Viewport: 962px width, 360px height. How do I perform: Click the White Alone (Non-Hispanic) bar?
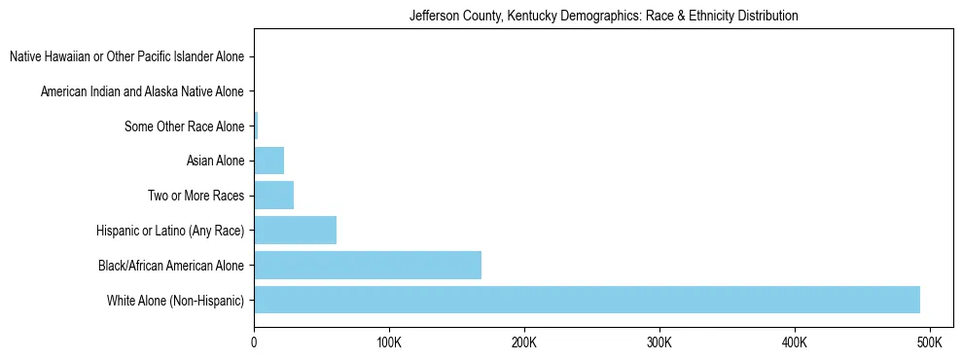(587, 300)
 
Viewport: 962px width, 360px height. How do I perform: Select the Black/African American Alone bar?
(368, 265)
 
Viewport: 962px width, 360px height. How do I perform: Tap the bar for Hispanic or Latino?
(295, 231)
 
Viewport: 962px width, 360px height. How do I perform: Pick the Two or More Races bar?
(273, 196)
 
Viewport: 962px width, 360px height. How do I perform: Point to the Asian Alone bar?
(268, 161)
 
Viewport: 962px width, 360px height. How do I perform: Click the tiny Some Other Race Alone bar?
(256, 126)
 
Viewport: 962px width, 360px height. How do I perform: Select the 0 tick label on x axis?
(254, 343)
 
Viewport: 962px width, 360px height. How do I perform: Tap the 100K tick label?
(388, 343)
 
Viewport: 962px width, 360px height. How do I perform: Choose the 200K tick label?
(523, 343)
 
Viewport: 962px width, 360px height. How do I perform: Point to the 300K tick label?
(659, 343)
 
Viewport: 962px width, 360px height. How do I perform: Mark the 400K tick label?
(794, 343)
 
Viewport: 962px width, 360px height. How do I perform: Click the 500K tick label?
(929, 343)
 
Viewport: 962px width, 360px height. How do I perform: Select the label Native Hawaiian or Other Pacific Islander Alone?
(126, 57)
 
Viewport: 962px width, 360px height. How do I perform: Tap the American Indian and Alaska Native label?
(142, 91)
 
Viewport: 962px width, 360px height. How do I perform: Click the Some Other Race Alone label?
(185, 126)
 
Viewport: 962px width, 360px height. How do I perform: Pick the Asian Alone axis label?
(215, 161)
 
